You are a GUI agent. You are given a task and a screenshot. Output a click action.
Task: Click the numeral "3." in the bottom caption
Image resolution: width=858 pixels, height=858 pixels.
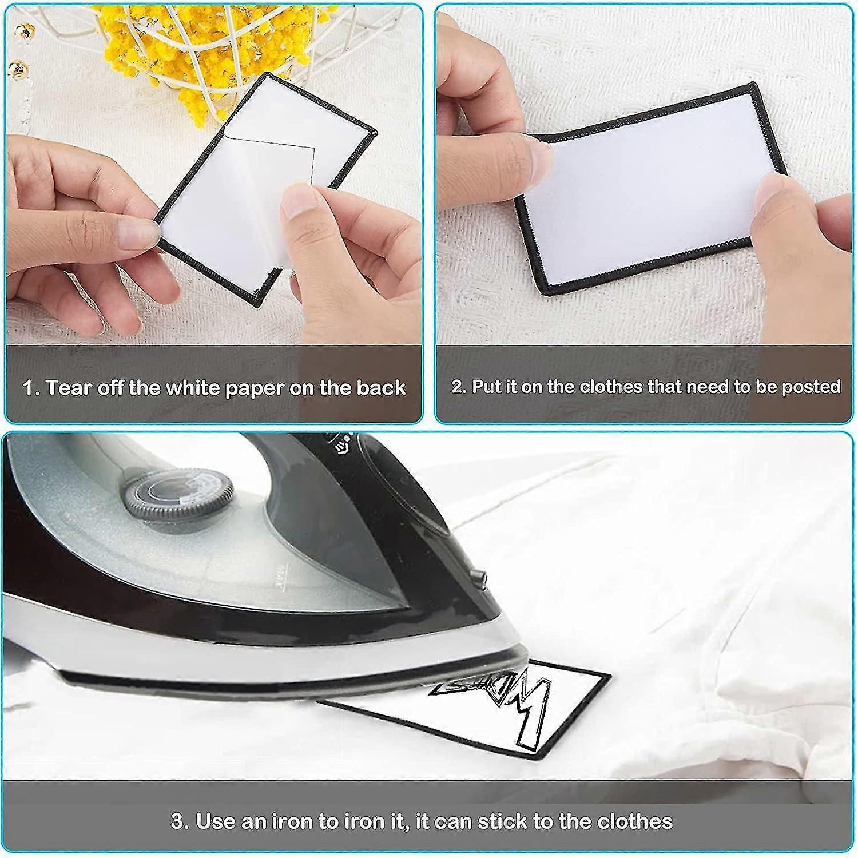(180, 821)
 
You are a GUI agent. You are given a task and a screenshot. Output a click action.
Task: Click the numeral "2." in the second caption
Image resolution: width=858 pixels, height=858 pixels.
(459, 387)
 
